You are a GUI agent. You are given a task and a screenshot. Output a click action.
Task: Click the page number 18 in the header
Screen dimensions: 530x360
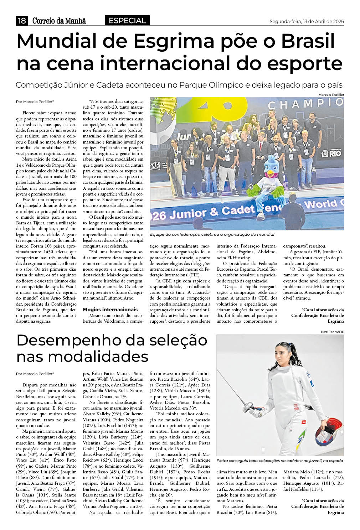pos(22,21)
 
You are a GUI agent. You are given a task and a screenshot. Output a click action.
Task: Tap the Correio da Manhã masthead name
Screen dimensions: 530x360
pos(59,21)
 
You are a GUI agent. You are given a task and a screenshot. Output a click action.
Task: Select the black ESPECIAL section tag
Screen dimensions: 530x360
pos(127,21)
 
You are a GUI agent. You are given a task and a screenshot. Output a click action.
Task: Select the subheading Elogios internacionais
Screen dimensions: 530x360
pos(110,310)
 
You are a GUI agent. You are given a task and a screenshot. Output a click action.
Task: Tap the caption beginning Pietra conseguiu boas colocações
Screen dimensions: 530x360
pos(279,461)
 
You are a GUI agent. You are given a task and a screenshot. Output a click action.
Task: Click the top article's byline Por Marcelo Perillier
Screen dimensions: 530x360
pos(35,102)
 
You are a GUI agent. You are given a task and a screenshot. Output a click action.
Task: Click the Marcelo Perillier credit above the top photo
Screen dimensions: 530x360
pos(331,94)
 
